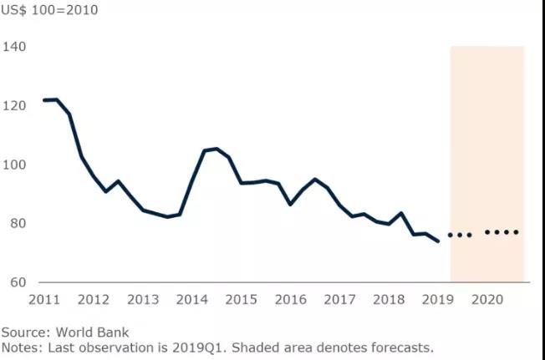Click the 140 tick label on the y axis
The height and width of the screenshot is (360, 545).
point(14,47)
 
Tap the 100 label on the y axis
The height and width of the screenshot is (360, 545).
point(14,165)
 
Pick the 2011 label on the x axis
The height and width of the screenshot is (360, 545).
point(43,300)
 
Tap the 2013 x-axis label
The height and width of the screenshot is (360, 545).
point(143,300)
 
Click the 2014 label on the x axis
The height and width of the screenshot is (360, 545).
point(192,300)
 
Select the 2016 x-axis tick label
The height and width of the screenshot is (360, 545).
point(291,300)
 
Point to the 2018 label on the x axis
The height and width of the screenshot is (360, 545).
point(390,300)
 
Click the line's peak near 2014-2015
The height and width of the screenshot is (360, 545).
point(216,149)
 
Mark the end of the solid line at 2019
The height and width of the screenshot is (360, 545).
point(439,241)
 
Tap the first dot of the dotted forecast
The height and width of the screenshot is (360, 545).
point(451,235)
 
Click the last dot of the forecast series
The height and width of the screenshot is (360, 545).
point(517,232)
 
